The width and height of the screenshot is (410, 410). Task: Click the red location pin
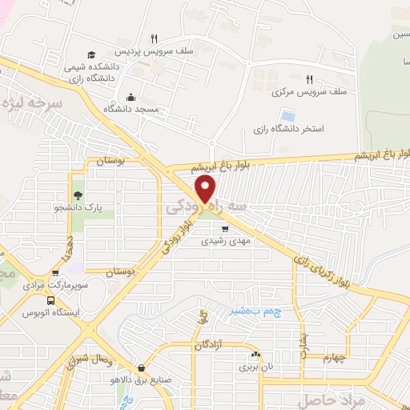pos(206,189)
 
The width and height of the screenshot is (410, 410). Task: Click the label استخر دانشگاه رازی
pos(288,130)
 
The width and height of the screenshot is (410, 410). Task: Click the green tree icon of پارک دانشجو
pos(78,195)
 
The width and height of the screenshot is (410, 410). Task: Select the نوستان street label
pos(112,162)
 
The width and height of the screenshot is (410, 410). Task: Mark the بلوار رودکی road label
pos(179,237)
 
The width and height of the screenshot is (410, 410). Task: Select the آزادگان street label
pos(211,344)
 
